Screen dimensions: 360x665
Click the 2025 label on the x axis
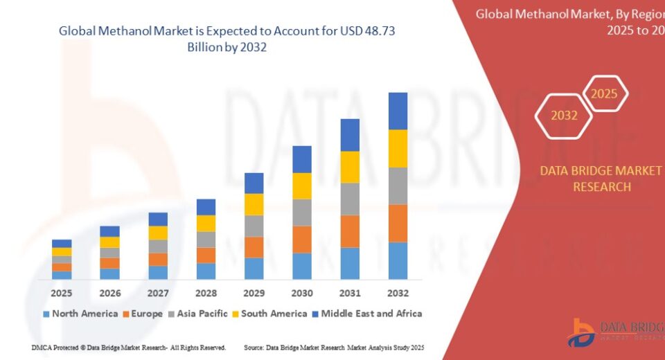pyautogui.click(x=62, y=293)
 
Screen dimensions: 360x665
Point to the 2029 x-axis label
pyautogui.click(x=254, y=293)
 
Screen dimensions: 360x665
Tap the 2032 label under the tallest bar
pyautogui.click(x=398, y=293)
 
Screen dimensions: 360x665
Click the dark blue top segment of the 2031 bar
pyautogui.click(x=350, y=135)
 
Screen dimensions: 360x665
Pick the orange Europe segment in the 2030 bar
pyautogui.click(x=302, y=239)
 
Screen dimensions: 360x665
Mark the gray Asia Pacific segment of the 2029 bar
pyautogui.click(x=254, y=226)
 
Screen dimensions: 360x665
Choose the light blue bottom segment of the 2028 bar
pyautogui.click(x=206, y=271)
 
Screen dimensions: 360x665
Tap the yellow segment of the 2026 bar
pyautogui.click(x=109, y=242)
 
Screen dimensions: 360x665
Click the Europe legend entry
pyautogui.click(x=143, y=314)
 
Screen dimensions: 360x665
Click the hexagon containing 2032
pyautogui.click(x=564, y=116)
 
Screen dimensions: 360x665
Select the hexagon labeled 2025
pyautogui.click(x=604, y=93)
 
